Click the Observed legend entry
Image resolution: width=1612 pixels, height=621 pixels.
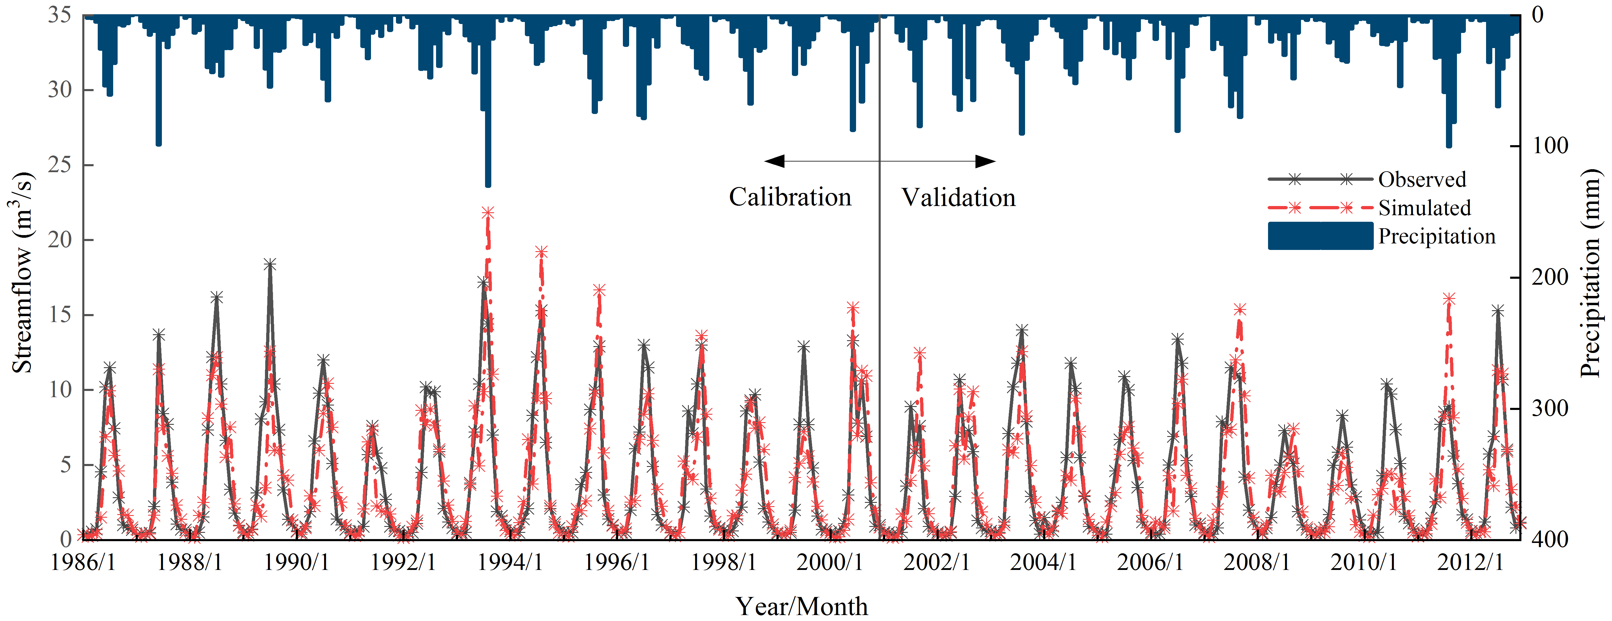(1422, 180)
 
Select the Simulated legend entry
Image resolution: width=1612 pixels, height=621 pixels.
(1424, 207)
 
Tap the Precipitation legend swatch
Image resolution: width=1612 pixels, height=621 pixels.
(1320, 236)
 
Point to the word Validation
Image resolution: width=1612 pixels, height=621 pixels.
(958, 198)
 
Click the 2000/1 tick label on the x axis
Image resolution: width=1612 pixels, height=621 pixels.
(830, 562)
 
